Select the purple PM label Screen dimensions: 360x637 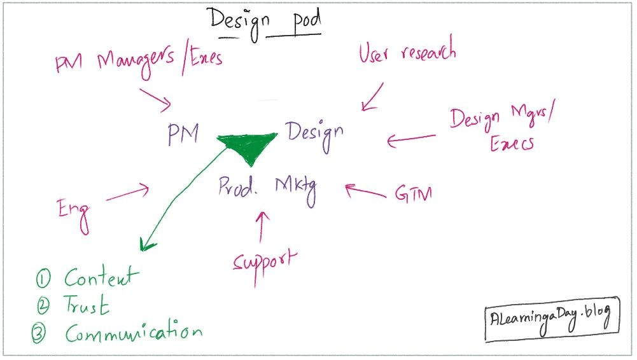(183, 134)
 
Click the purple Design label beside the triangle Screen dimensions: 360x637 (314, 133)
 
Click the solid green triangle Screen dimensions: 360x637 (249, 147)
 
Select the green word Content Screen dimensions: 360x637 (101, 278)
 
